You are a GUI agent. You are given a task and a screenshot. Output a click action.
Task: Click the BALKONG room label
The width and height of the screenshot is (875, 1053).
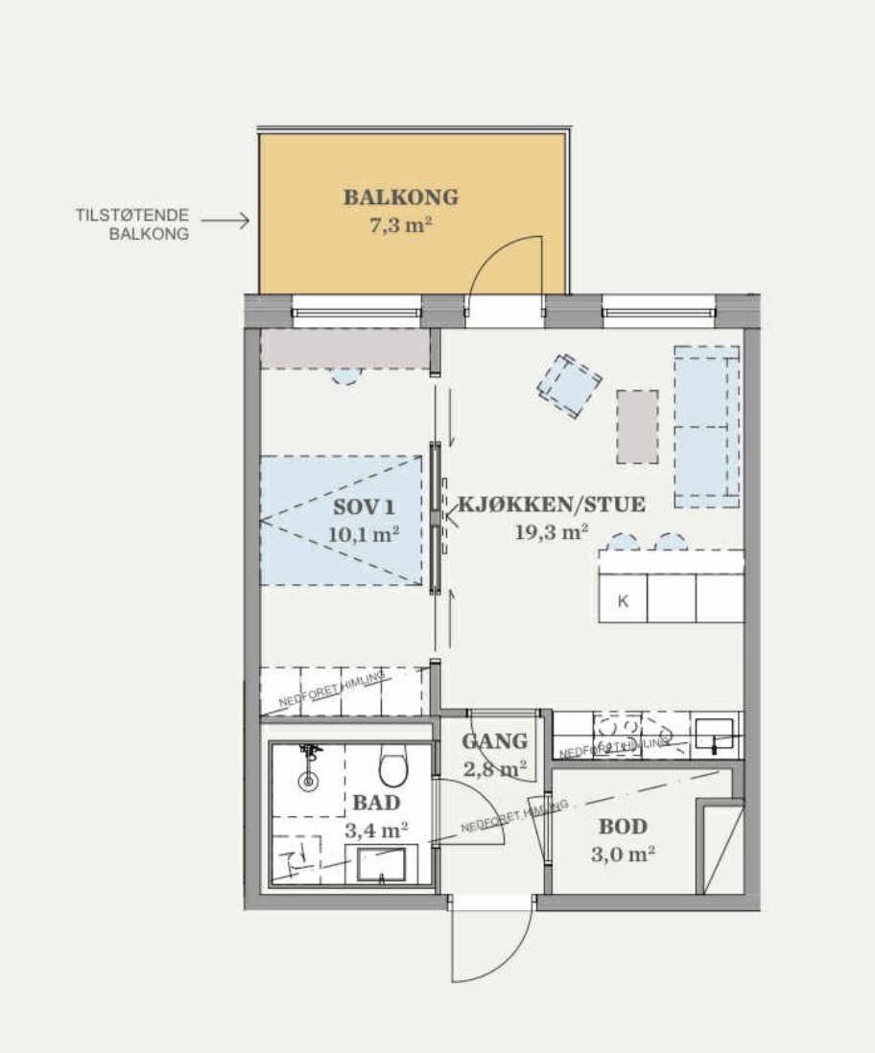pos(401,198)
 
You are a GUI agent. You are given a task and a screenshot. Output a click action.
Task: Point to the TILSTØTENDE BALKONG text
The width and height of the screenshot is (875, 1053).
pos(132,223)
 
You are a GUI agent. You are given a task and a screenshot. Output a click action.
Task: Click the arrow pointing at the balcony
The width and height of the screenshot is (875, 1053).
pos(225,221)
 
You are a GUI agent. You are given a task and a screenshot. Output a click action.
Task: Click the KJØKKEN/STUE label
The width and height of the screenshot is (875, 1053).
pos(552,504)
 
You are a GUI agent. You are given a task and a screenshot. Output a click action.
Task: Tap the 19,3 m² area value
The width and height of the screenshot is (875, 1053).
pos(552,533)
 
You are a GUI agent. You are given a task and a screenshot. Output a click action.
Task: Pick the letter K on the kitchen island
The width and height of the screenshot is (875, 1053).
pos(623,602)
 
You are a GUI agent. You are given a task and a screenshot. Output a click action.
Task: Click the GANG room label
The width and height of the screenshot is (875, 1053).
pos(494,741)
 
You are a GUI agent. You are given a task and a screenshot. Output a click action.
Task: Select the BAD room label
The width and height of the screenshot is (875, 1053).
pos(376,802)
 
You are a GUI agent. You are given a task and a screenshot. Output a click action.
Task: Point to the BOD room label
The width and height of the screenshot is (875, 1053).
pos(623,826)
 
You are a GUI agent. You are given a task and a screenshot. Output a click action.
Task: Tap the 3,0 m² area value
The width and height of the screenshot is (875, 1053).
pos(623,854)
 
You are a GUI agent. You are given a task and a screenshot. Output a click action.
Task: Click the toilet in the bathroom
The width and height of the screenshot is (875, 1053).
pos(392,766)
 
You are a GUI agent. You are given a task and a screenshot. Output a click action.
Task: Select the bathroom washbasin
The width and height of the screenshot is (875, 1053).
pos(381,864)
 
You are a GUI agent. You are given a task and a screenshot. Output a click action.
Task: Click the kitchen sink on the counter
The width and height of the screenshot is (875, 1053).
pos(714,735)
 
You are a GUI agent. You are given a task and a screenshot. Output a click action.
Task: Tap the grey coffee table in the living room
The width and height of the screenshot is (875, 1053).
pos(637,427)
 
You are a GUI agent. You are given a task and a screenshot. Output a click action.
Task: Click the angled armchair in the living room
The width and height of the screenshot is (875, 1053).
pos(570,386)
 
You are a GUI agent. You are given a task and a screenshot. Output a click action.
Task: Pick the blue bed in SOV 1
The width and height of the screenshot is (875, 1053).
pos(342,520)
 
